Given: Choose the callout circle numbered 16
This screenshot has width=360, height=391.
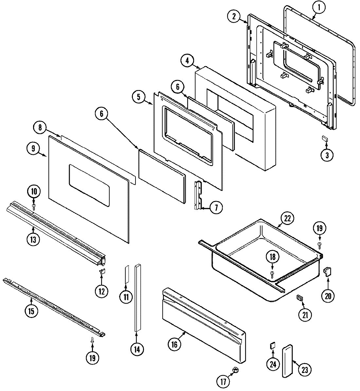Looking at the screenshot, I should [x=174, y=344].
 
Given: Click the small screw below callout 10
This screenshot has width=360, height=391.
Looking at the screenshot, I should [x=34, y=206].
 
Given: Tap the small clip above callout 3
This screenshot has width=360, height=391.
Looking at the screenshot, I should [x=325, y=139].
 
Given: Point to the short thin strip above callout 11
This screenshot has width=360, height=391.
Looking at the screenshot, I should [x=126, y=274].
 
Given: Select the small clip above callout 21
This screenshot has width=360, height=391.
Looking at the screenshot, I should [x=299, y=298].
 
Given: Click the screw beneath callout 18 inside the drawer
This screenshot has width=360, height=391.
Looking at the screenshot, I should [x=272, y=273].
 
